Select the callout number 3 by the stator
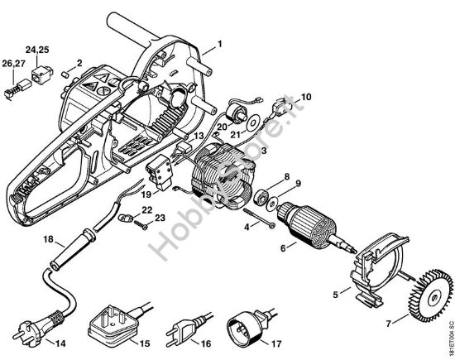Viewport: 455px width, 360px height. tap(264, 151)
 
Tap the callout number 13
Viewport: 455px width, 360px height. tap(198, 135)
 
